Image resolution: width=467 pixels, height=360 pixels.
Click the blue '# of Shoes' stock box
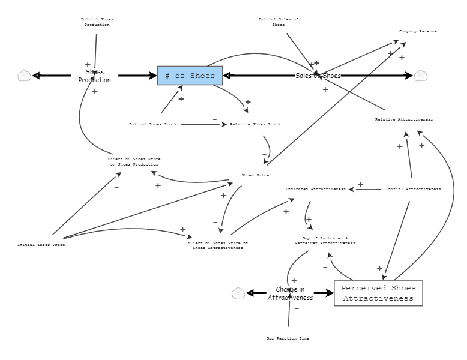point(190,76)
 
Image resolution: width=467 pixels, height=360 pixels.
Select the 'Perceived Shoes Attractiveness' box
point(378,293)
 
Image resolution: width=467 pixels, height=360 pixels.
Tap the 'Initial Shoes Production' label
point(97,22)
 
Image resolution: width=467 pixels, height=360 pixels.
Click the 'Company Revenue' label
point(418,31)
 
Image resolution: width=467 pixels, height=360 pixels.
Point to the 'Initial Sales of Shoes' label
point(279,22)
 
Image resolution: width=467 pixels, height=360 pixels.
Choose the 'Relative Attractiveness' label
point(403,119)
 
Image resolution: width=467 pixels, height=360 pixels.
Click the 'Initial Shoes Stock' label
point(153,124)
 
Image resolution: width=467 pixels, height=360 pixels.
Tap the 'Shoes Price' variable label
point(255,175)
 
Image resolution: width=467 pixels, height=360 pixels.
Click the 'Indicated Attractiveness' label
point(315,189)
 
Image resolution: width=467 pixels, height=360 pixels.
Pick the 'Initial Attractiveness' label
point(413,189)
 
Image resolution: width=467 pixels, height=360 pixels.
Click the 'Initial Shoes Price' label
point(41,245)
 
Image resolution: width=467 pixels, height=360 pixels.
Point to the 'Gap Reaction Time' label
point(288,338)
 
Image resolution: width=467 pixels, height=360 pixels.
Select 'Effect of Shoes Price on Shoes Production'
point(134,161)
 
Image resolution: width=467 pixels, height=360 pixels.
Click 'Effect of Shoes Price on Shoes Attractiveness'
point(217,245)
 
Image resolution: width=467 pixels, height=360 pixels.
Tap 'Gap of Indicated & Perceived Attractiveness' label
point(325,241)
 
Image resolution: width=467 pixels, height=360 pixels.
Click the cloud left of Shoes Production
point(24,76)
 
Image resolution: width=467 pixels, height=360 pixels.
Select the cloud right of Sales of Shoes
point(421,76)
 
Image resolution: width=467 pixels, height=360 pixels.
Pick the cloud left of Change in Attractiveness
point(238,293)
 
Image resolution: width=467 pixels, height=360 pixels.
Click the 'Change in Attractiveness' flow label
point(291,293)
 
